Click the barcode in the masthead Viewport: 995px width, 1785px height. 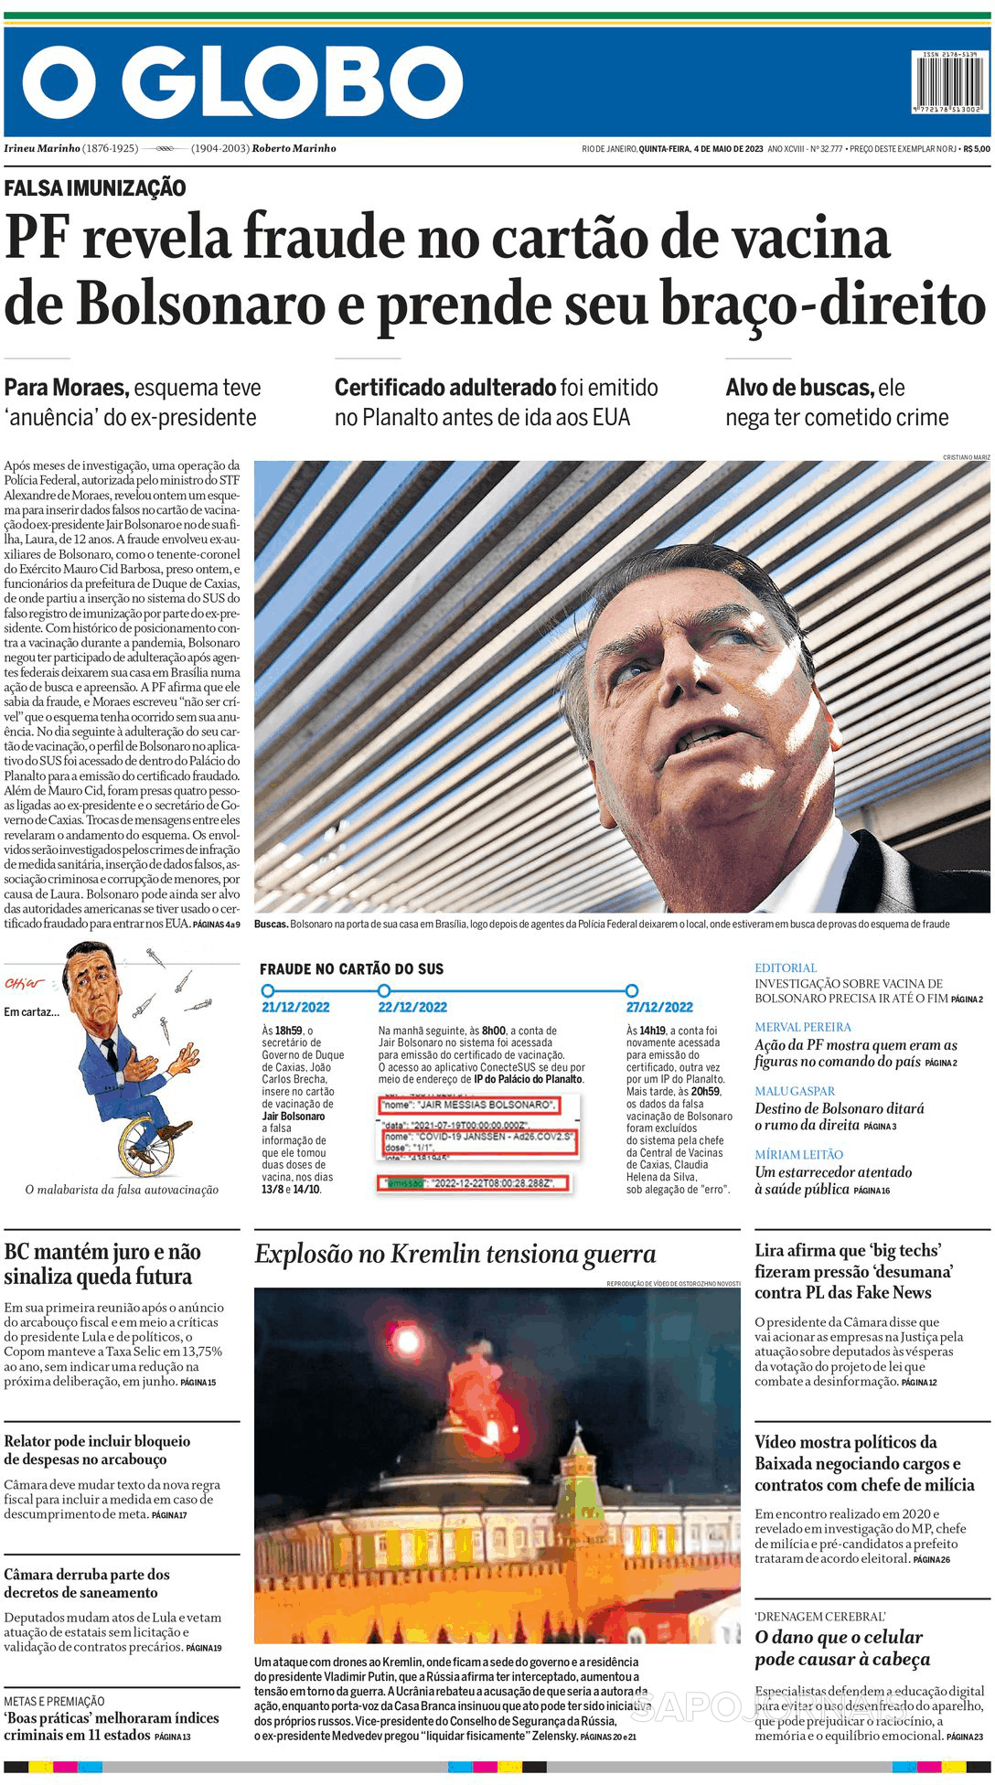click(x=950, y=82)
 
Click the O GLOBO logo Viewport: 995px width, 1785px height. click(x=242, y=82)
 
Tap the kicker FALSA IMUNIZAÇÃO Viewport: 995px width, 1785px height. click(x=95, y=188)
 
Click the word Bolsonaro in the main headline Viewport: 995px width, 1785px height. click(x=200, y=304)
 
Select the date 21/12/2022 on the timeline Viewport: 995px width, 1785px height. click(x=295, y=1007)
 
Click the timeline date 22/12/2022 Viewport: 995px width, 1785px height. click(x=412, y=1007)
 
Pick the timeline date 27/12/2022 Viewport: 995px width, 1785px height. click(x=659, y=1007)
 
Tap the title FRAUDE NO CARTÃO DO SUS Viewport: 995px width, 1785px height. click(x=351, y=969)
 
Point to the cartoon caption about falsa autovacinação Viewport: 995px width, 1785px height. click(x=122, y=1190)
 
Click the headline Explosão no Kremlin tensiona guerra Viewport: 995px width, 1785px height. click(x=455, y=1254)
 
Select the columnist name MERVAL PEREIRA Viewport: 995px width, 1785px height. click(x=802, y=1027)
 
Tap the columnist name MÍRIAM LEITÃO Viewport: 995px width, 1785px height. click(x=798, y=1155)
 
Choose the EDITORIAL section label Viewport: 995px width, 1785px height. click(x=785, y=967)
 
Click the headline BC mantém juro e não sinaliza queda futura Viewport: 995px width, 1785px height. click(x=102, y=1264)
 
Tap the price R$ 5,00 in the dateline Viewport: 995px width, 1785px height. click(x=976, y=149)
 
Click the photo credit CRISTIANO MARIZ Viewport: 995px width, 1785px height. click(x=966, y=457)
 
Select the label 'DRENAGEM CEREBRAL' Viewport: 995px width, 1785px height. click(x=819, y=1617)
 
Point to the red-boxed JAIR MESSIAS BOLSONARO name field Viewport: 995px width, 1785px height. click(x=467, y=1105)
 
